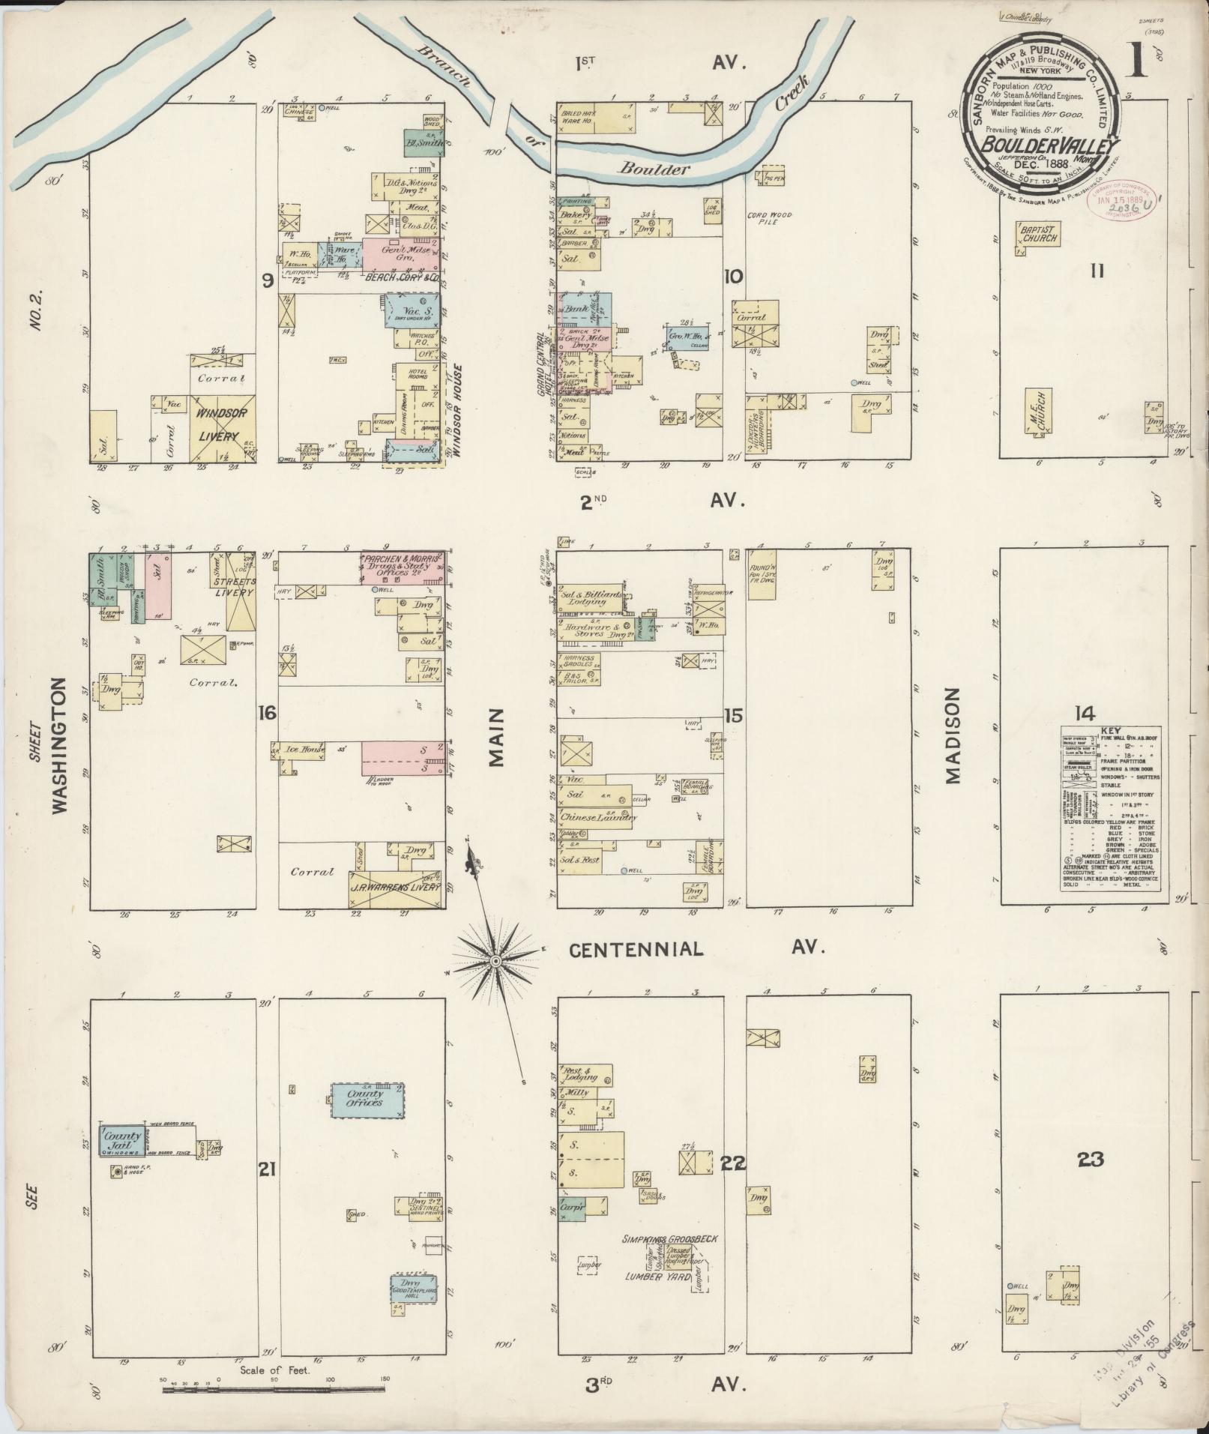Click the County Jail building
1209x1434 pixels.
point(123,1141)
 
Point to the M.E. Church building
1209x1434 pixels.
point(1040,411)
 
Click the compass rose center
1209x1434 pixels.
point(495,960)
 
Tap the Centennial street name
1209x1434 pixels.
point(636,950)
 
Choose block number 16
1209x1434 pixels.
point(267,712)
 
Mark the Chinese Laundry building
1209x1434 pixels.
point(598,816)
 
